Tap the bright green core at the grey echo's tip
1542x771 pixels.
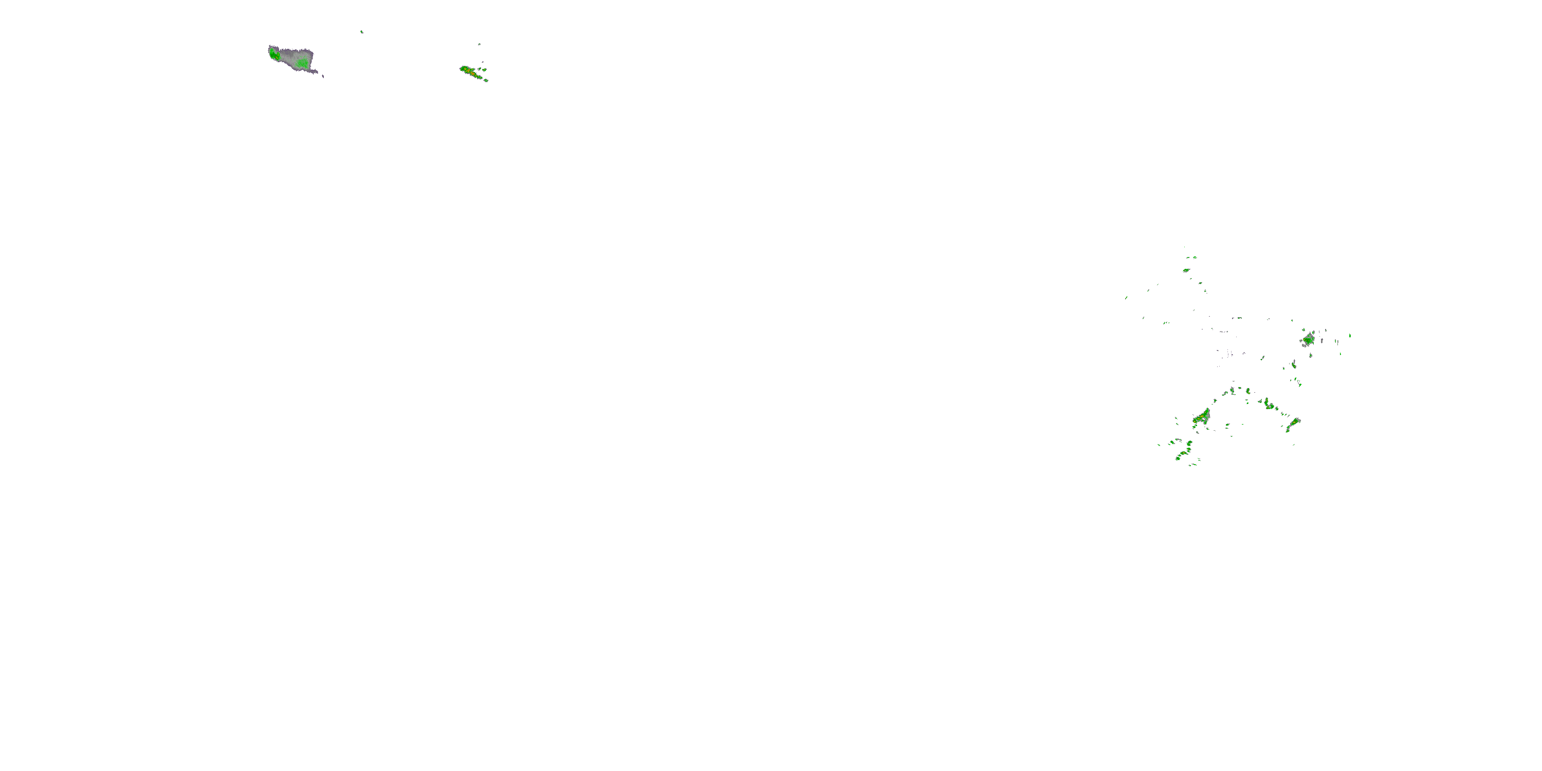[x=273, y=54]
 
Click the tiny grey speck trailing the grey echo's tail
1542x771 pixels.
[x=323, y=76]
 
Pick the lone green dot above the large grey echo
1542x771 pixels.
[x=361, y=32]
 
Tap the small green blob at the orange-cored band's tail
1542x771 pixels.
[x=486, y=80]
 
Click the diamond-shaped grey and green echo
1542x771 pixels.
[x=1308, y=339]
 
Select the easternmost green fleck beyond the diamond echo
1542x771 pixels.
[x=1350, y=336]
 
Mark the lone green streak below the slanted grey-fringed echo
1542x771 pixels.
[x=1294, y=444]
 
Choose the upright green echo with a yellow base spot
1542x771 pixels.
[x=1294, y=364]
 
